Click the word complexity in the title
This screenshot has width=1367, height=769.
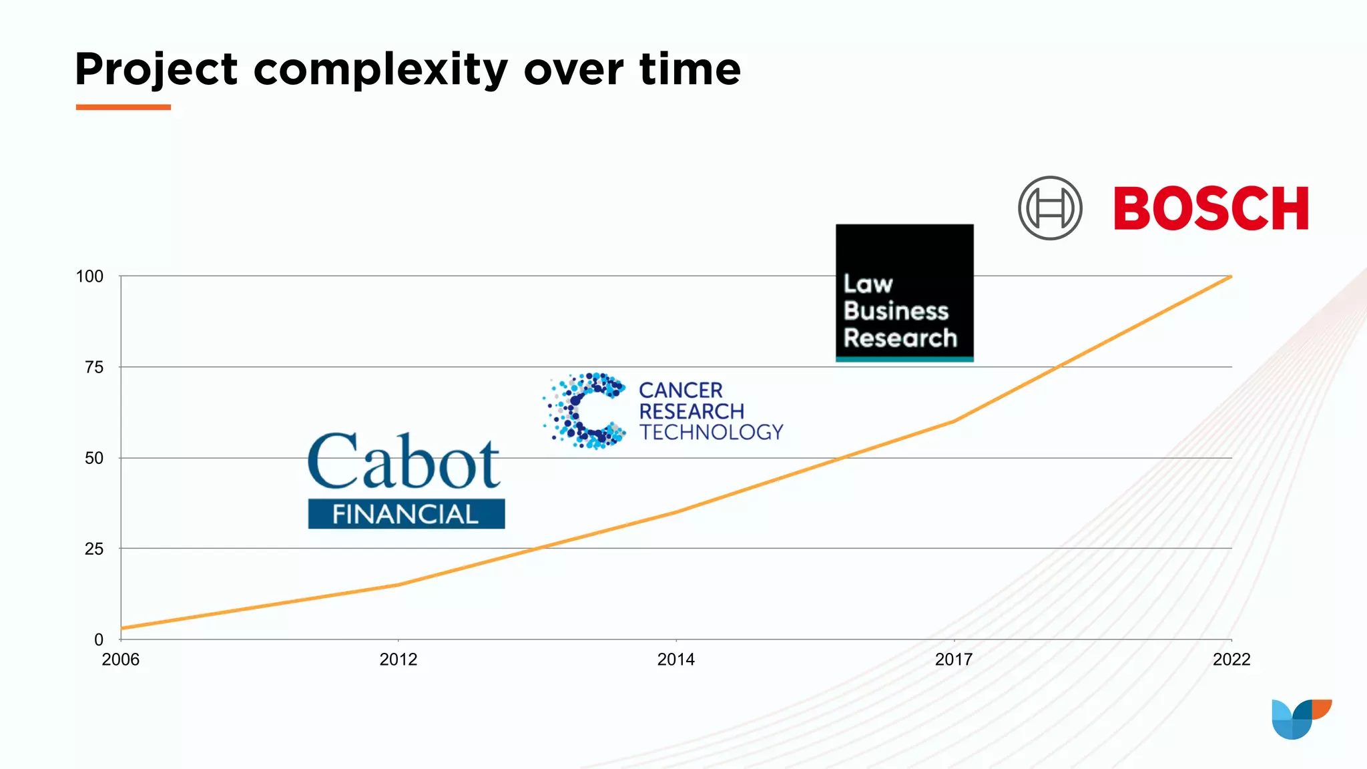[x=380, y=70]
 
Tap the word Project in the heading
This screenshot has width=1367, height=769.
[x=156, y=70]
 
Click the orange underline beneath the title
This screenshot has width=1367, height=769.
[x=123, y=107]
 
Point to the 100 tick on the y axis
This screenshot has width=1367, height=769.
[x=89, y=276]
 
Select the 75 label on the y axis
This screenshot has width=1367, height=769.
[x=94, y=367]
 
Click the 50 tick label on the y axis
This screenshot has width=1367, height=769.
[x=94, y=458]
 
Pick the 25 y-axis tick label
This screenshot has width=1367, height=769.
[x=94, y=549]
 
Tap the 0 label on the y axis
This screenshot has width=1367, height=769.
[x=99, y=639]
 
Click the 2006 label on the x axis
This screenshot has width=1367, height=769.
[x=121, y=660]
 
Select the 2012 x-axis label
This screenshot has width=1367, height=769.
[x=398, y=660]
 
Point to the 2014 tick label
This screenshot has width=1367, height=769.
[x=676, y=660]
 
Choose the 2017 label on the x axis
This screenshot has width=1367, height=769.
[x=954, y=660]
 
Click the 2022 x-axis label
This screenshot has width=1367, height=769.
[x=1232, y=660]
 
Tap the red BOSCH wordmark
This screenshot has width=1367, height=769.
[x=1211, y=209]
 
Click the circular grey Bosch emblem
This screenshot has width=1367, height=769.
[x=1050, y=208]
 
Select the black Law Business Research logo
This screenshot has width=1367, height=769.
[x=904, y=293]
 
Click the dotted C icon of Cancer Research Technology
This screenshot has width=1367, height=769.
[x=585, y=411]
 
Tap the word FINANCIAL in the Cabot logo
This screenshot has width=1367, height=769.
[x=406, y=514]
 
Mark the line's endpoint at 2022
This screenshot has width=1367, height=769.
[x=1231, y=276]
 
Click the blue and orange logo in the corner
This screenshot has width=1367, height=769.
[x=1300, y=719]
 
